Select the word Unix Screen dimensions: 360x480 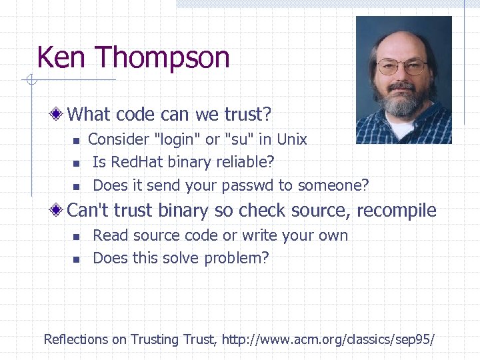coord(291,139)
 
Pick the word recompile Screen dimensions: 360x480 coord(397,211)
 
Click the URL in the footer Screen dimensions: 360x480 coord(327,339)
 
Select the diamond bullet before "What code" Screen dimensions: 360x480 coord(59,115)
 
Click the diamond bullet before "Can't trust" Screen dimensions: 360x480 coord(59,211)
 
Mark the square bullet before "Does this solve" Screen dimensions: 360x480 coord(76,259)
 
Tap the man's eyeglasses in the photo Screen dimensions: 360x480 coord(401,67)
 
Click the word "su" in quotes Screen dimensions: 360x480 coord(239,139)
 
